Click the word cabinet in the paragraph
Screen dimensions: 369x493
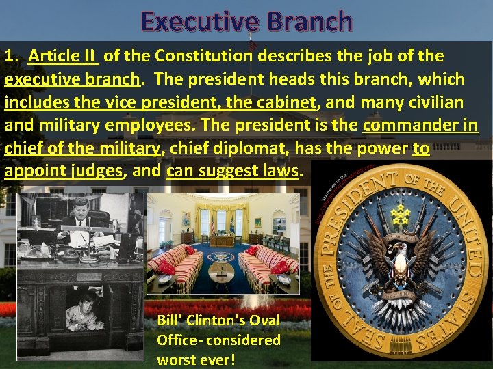tap(289, 103)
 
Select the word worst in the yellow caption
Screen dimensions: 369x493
tap(177, 359)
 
